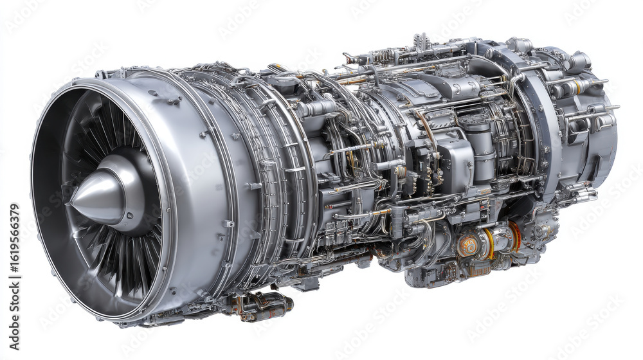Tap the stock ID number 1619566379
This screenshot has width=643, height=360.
(14, 258)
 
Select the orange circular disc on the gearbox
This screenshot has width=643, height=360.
(469, 244)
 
